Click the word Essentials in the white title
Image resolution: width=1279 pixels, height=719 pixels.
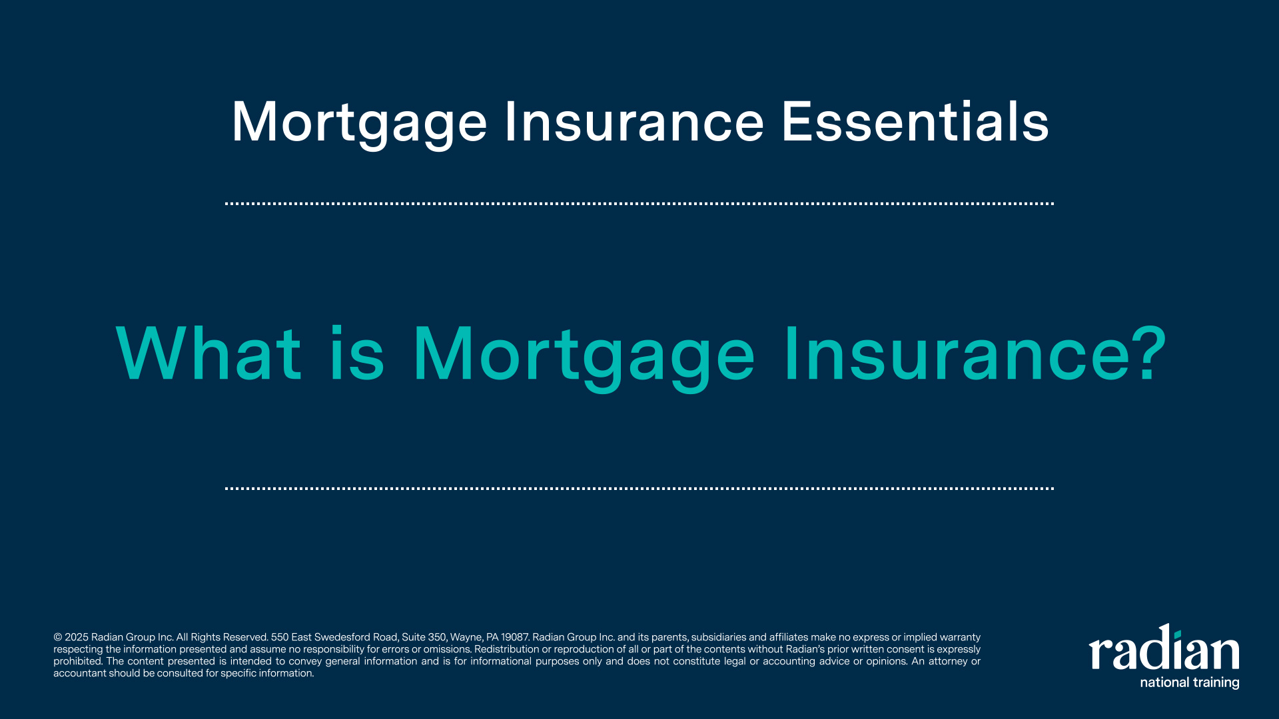tap(915, 122)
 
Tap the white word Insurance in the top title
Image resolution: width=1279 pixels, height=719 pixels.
tap(634, 122)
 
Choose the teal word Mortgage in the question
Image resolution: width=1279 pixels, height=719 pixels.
tap(584, 358)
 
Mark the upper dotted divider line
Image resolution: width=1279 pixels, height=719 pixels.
tap(639, 204)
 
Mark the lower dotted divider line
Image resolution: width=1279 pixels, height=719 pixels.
tap(639, 488)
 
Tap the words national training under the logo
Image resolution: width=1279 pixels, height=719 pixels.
tap(1190, 682)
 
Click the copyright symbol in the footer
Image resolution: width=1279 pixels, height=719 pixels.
tap(57, 638)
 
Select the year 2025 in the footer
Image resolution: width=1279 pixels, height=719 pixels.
tap(77, 638)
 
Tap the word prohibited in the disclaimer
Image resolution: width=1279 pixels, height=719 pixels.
tap(78, 662)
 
